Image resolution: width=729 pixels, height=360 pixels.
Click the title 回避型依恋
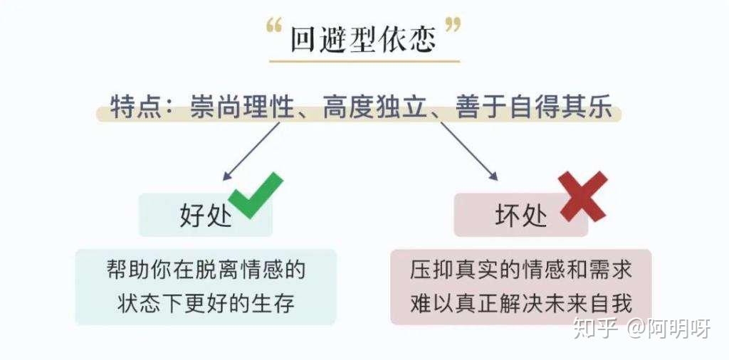point(363,41)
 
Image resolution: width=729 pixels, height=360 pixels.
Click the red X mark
point(583,196)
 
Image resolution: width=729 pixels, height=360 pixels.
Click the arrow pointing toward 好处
point(252,150)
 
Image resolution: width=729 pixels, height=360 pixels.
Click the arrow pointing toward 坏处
point(468,150)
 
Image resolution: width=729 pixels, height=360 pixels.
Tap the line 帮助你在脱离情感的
point(206,270)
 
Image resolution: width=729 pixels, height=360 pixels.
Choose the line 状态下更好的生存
point(206,303)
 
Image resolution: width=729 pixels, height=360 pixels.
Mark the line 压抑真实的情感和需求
point(521,270)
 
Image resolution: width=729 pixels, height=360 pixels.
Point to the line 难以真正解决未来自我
point(521,303)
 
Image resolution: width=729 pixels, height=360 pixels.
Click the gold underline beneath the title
point(364,61)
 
